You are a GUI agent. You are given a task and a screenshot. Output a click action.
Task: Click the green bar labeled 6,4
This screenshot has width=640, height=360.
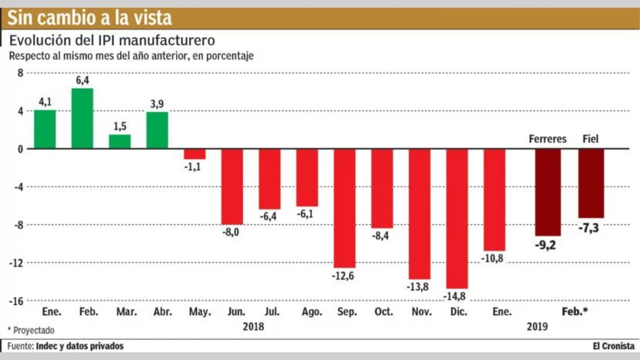pyautogui.click(x=82, y=118)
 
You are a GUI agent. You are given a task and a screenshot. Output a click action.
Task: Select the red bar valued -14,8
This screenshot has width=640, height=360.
pyautogui.click(x=457, y=218)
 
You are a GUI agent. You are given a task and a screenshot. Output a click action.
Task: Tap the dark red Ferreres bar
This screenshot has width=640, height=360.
pyautogui.click(x=548, y=192)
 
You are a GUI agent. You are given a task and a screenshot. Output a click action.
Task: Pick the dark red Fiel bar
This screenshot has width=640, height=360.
pyautogui.click(x=591, y=183)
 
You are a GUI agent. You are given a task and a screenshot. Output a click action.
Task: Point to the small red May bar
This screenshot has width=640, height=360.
pyautogui.click(x=195, y=154)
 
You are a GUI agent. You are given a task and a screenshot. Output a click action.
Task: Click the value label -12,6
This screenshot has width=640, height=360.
pyautogui.click(x=343, y=276)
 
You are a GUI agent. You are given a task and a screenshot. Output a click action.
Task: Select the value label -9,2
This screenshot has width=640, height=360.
pyautogui.click(x=546, y=245)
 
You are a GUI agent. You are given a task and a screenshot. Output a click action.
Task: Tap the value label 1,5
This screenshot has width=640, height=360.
pyautogui.click(x=120, y=126)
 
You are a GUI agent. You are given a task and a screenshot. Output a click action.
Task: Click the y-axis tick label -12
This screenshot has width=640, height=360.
pyautogui.click(x=16, y=263)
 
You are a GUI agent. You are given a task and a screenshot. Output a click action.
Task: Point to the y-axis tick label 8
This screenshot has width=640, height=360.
pyautogui.click(x=20, y=73)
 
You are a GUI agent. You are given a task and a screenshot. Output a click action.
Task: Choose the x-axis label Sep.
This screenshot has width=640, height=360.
pyautogui.click(x=347, y=312)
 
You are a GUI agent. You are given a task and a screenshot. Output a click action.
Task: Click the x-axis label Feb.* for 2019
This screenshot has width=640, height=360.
pyautogui.click(x=574, y=311)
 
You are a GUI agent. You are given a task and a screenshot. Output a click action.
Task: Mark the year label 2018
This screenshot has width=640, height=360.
pyautogui.click(x=253, y=327)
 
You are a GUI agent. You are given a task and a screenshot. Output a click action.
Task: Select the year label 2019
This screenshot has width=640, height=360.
pyautogui.click(x=537, y=327)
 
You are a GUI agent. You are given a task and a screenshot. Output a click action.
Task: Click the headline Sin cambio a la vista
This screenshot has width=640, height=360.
pyautogui.click(x=90, y=18)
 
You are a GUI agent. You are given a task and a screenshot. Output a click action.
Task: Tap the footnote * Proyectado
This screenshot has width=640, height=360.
pyautogui.click(x=31, y=330)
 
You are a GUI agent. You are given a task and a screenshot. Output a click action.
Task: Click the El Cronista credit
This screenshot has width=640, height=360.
pyautogui.click(x=613, y=346)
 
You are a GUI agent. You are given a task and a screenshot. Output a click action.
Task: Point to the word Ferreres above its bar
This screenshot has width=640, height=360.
pyautogui.click(x=548, y=139)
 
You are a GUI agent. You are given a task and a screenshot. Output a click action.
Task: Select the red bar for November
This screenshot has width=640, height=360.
pyautogui.click(x=420, y=214)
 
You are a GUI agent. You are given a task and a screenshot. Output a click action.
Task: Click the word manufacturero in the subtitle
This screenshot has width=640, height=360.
pyautogui.click(x=167, y=40)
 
